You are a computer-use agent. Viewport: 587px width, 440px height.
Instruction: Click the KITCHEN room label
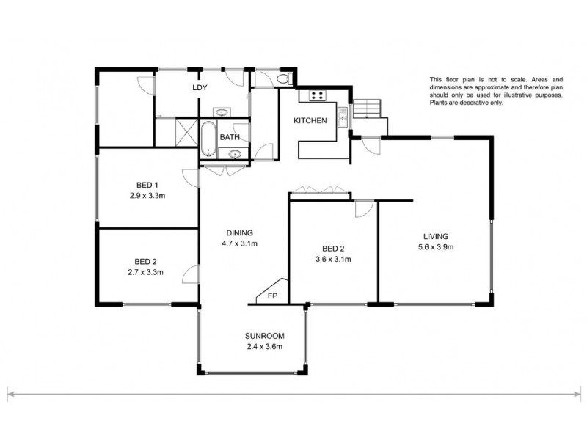[310, 121]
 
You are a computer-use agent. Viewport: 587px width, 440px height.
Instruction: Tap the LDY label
[200, 88]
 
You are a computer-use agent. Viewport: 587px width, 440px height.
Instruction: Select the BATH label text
[230, 137]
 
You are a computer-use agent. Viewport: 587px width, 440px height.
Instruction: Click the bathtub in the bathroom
[208, 139]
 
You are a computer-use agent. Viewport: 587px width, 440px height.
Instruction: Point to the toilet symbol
[285, 78]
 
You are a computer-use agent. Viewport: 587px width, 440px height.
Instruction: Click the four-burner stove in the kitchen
[318, 95]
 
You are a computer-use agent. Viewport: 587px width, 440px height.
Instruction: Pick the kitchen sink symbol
[343, 116]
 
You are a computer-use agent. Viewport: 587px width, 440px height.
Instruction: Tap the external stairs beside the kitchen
[367, 109]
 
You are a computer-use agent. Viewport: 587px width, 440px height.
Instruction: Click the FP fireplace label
[272, 296]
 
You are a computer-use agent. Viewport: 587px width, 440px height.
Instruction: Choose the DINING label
[239, 232]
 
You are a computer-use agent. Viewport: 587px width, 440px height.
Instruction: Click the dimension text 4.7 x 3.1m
[239, 243]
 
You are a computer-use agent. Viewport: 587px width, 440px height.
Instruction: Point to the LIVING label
[435, 236]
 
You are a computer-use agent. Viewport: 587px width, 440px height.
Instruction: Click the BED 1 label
[147, 185]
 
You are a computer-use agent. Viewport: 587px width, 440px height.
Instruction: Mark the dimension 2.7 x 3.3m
[145, 272]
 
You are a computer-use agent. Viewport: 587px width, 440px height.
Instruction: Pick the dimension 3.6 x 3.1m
[333, 259]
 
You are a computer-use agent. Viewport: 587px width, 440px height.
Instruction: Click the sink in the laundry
[222, 112]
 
